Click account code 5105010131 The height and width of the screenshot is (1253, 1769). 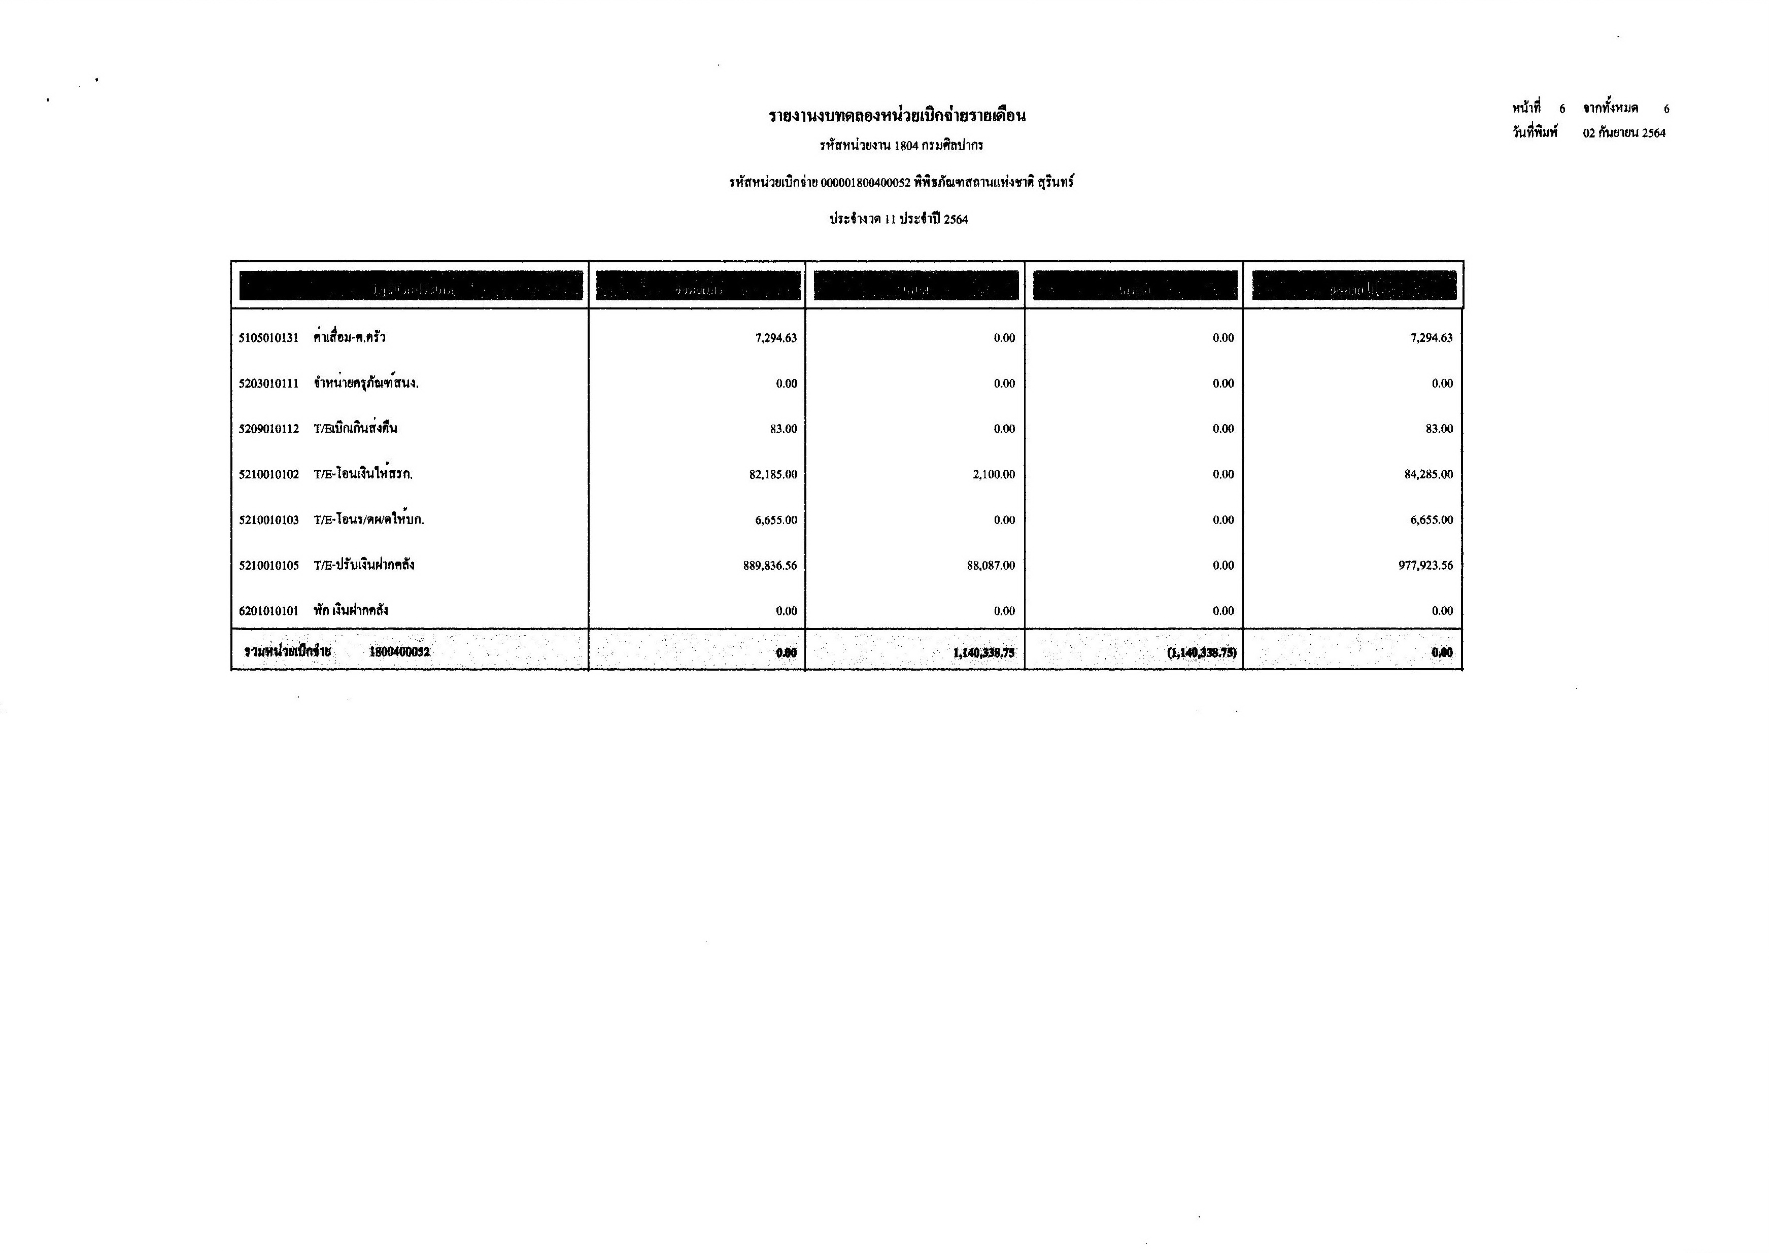[x=268, y=338]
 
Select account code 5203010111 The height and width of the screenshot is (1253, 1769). [x=268, y=384]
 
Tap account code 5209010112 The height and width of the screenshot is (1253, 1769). [x=268, y=429]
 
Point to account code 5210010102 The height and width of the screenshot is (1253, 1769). [x=268, y=474]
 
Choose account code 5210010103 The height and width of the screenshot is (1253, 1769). [x=268, y=520]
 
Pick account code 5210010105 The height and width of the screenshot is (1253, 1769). [x=268, y=566]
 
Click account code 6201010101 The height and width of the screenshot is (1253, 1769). [x=268, y=611]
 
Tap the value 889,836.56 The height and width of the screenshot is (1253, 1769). [x=769, y=566]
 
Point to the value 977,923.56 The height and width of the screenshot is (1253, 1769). [x=1425, y=566]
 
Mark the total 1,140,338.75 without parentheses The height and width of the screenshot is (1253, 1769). [x=983, y=653]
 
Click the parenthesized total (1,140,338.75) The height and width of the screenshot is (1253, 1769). [x=1201, y=653]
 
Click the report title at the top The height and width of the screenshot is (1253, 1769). [x=897, y=117]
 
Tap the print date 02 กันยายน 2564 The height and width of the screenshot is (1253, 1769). [x=1624, y=133]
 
